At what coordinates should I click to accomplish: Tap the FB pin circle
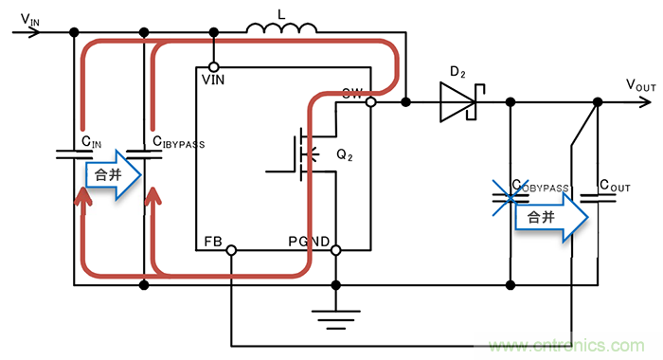point(230,250)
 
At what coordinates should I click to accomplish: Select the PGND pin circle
point(334,250)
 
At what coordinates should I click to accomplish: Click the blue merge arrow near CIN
point(114,174)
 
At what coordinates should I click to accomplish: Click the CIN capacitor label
point(91,142)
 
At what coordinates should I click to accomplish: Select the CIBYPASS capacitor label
point(178,143)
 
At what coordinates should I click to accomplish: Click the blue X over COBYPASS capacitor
point(511,197)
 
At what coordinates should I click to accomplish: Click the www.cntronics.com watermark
point(575,343)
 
